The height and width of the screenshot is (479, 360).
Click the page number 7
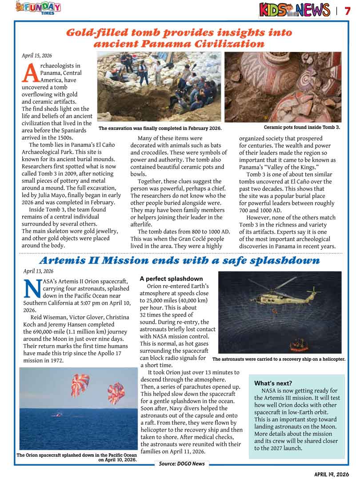coord(348,10)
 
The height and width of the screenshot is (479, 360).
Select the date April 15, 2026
coord(37,56)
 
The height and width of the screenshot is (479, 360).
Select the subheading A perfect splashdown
coord(171,279)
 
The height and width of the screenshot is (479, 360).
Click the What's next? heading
coord(273,383)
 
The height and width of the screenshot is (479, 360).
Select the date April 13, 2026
coord(38,271)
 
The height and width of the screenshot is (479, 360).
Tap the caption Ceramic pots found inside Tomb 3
coord(302,128)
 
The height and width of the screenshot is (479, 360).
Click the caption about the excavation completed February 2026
coord(160,129)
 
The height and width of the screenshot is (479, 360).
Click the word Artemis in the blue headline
coord(68,260)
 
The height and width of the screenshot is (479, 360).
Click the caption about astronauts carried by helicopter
coord(279,359)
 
